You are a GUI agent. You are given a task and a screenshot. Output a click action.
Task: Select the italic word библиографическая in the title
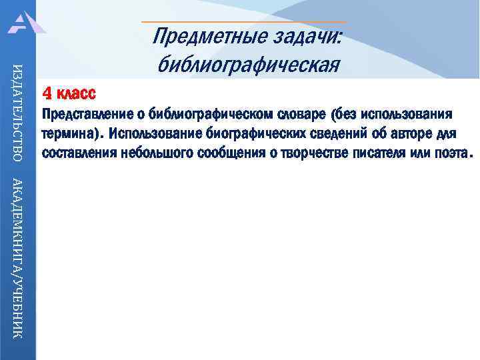[248, 65]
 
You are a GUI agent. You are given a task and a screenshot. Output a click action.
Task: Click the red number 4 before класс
[47, 92]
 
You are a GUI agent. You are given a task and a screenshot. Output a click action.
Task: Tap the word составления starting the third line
[80, 153]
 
